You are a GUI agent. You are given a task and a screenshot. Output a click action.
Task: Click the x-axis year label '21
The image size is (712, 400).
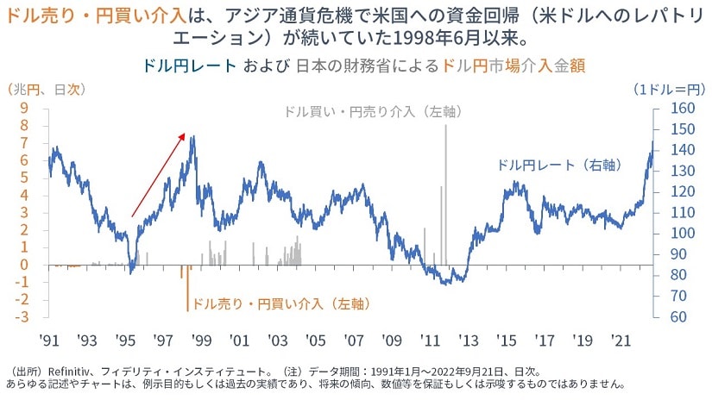621,341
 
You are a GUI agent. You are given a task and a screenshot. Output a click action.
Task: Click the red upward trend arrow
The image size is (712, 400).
158,174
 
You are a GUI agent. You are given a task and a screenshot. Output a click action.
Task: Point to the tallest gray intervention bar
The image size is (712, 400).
445,190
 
